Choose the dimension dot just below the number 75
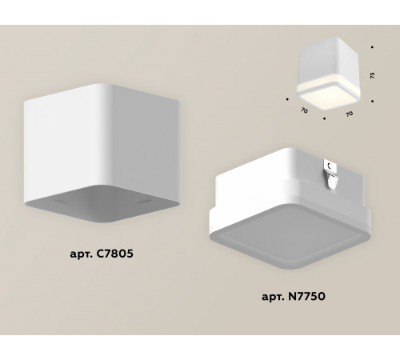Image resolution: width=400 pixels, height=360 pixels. [373, 100]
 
